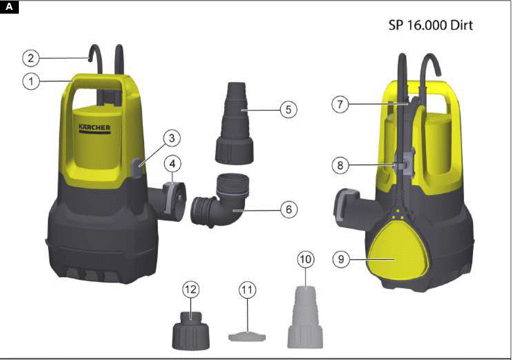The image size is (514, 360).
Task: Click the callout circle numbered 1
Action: click(31, 81)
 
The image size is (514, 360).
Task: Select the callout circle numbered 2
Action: click(31, 58)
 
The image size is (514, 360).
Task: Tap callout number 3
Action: click(172, 138)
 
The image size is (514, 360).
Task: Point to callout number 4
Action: click(173, 164)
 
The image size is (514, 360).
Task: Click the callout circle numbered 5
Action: click(288, 109)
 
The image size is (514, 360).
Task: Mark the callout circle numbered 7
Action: click(340, 104)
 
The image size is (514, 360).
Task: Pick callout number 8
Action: click(340, 165)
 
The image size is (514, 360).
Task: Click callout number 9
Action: click(340, 259)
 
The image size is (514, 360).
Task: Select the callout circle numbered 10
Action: click(306, 260)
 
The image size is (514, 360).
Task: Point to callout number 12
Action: click(191, 290)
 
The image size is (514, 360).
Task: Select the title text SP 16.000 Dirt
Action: click(430, 25)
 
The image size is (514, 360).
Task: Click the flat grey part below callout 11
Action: click(247, 336)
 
